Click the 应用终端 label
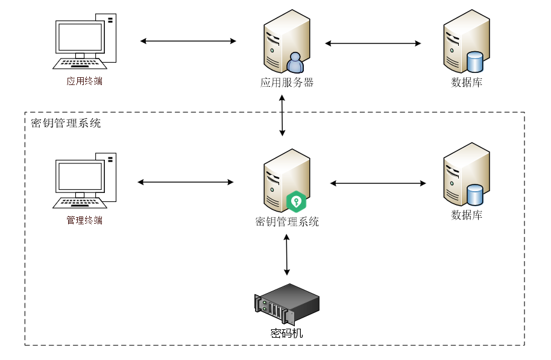coord(84,81)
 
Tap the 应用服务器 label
coord(287,83)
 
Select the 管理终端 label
coord(84,221)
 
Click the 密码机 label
coord(286,333)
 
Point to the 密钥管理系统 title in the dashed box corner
coord(66,124)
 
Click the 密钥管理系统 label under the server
coord(287,222)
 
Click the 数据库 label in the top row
coord(467,83)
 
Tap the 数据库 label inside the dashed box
coord(467,215)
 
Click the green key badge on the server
coord(296,201)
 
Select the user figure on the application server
coord(295,63)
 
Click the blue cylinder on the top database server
coord(475,62)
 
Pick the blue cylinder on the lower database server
coord(475,195)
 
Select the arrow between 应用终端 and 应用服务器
coord(188,41)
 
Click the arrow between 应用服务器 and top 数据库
coord(373,43)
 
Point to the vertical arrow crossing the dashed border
coord(282,115)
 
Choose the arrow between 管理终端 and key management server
coord(186,182)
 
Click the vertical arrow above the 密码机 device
coord(287,254)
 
